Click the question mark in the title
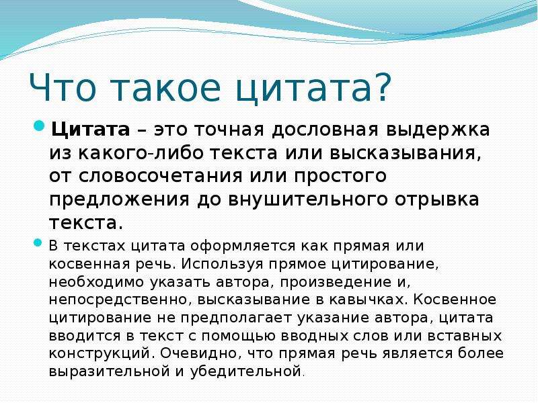pos(380,87)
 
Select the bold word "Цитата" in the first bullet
pos(91,130)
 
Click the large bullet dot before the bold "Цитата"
pos(40,126)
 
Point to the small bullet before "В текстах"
pos(38,243)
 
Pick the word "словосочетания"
pos(161,177)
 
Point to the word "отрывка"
pos(436,200)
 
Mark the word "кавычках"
pos(366,300)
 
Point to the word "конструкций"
pos(100,353)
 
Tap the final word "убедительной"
pos(245,371)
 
